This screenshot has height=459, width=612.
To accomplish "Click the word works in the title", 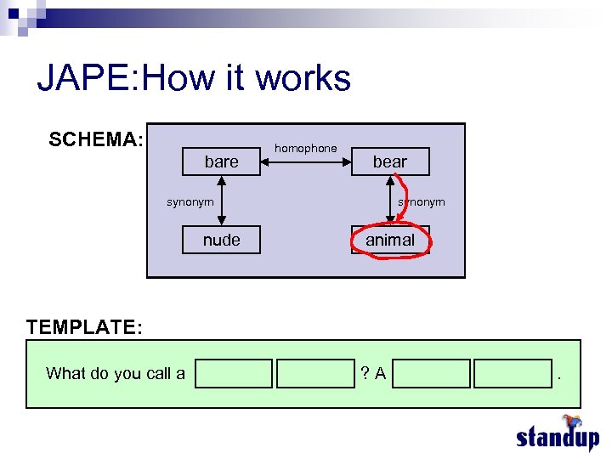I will (x=303, y=78).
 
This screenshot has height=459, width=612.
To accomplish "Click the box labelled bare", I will (x=221, y=161).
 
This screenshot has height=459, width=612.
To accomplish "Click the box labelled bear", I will (x=390, y=161).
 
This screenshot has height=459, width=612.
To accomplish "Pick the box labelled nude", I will (x=221, y=240).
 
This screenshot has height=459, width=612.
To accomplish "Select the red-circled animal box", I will (x=390, y=240).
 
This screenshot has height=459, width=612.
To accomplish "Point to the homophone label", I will (x=305, y=148).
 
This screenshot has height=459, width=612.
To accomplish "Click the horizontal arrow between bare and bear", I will (x=305, y=161).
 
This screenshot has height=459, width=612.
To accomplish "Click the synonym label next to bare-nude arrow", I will (x=190, y=201).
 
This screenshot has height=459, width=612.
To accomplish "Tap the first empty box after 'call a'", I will (x=234, y=373).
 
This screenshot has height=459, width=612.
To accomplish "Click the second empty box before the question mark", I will (x=314, y=373).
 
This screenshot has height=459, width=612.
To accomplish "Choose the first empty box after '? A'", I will (x=432, y=373).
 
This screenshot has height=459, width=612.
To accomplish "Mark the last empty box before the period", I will (x=513, y=373).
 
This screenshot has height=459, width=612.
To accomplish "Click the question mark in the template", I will (x=364, y=373).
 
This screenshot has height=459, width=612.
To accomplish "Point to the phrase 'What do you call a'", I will (x=116, y=373).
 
